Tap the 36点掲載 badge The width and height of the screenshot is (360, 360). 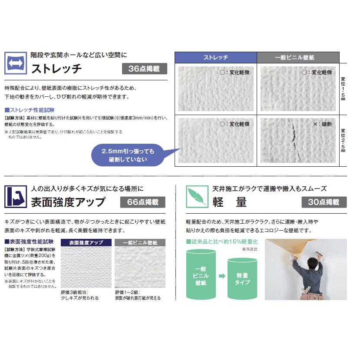(144, 69)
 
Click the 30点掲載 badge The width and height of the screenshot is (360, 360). (324, 202)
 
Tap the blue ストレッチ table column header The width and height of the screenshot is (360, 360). (215, 58)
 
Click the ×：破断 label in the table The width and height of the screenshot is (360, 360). (322, 124)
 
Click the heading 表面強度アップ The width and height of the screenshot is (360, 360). (68, 202)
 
